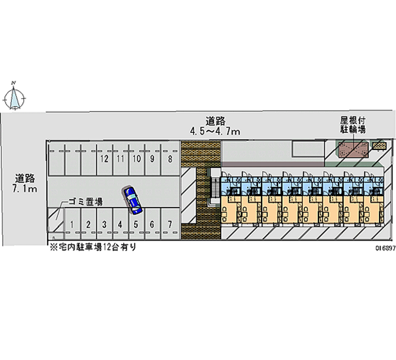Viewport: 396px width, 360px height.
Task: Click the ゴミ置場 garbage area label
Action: click(85, 202)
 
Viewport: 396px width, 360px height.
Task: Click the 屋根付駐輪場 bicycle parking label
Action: click(353, 125)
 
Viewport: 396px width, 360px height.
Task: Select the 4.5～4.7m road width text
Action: click(215, 131)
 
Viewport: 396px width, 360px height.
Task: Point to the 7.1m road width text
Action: click(24, 189)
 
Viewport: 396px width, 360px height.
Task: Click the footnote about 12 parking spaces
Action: click(93, 247)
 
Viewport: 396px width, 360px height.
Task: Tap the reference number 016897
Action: click(386, 248)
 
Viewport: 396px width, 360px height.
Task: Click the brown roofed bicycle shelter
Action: click(353, 150)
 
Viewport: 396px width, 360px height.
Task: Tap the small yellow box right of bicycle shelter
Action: click(379, 145)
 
